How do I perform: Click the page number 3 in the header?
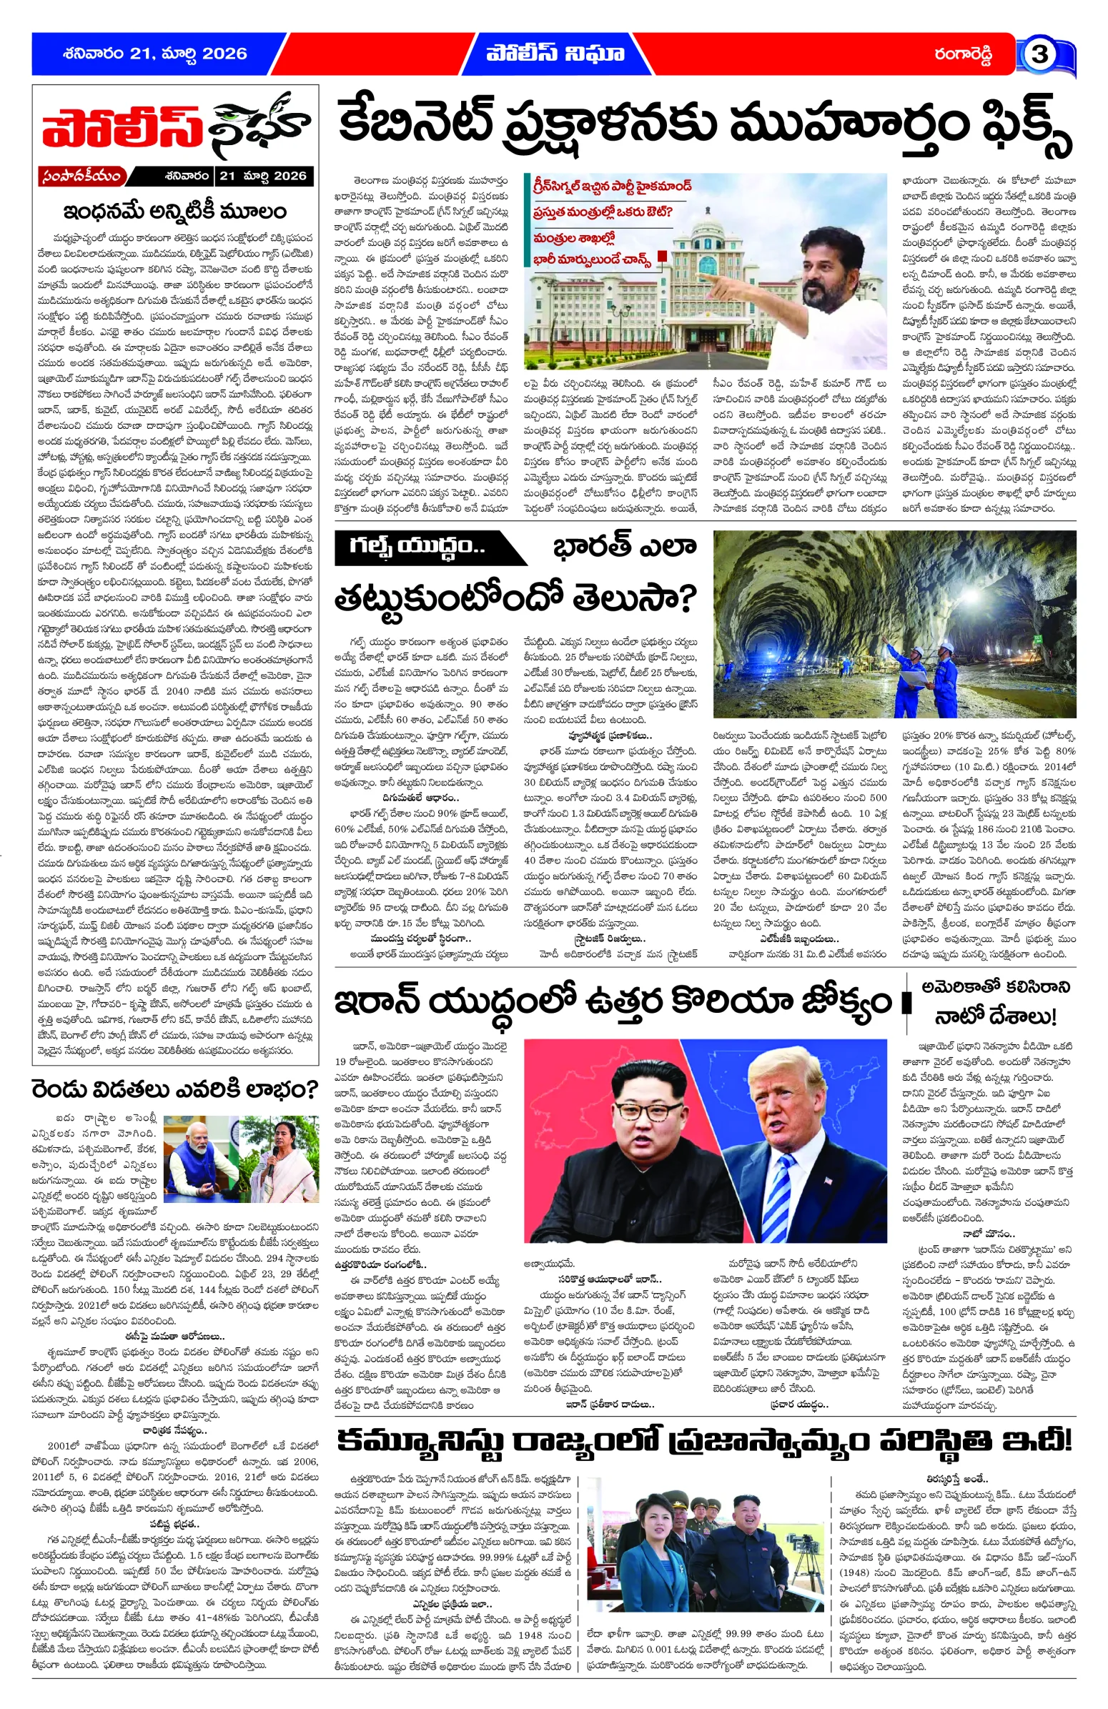pos(1039,54)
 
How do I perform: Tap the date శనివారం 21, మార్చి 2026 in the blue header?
pos(154,54)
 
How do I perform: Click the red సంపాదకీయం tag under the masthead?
pos(82,176)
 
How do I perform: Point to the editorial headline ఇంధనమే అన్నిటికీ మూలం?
pos(174,212)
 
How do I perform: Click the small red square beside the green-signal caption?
pos(661,256)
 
